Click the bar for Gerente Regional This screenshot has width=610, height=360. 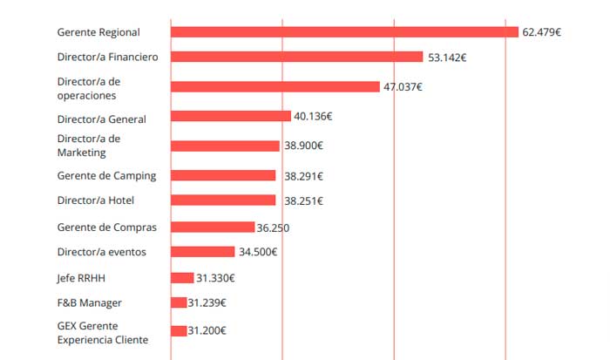344,32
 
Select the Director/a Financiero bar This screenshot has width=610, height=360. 296,57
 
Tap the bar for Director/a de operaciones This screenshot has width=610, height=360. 275,87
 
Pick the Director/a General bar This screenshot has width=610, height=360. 231,116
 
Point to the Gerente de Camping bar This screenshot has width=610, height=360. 223,175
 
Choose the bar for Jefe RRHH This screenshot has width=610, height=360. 182,278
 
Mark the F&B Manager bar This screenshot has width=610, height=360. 179,302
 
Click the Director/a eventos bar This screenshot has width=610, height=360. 203,252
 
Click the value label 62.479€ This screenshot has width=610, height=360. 541,32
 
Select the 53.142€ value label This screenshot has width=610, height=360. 447,58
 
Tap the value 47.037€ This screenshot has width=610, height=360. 403,87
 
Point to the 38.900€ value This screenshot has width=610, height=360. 302,146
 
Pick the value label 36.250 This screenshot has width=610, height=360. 273,228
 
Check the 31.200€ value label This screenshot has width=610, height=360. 207,331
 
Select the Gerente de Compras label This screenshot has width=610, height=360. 107,228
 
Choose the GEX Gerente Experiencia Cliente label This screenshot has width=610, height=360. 103,332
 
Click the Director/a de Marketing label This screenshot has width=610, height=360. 89,146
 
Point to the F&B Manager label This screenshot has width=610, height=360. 90,302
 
